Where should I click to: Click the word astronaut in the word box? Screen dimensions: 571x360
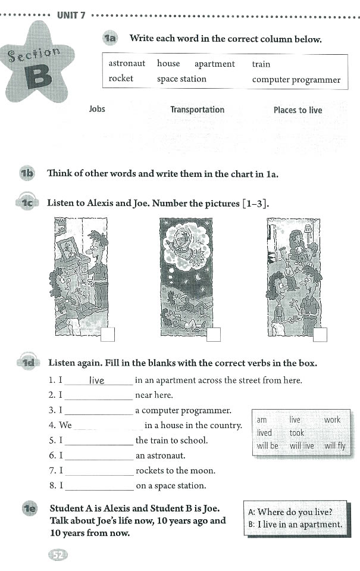127,64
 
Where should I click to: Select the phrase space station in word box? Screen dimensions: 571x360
181,79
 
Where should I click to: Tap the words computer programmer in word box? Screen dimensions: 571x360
296,79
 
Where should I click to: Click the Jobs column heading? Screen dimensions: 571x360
97,110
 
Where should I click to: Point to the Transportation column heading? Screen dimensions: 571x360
197,110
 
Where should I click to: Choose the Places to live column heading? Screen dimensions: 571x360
298,110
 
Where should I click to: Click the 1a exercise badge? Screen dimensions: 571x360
110,39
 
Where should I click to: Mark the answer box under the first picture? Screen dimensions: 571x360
108,335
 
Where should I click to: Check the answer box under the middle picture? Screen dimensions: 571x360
214,335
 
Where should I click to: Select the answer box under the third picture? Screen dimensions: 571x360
320,335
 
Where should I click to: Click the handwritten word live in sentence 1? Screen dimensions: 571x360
96,380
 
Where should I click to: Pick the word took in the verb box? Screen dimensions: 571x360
296,433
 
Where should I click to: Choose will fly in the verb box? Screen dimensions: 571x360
335,445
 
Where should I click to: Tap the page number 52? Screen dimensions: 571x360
58,555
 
